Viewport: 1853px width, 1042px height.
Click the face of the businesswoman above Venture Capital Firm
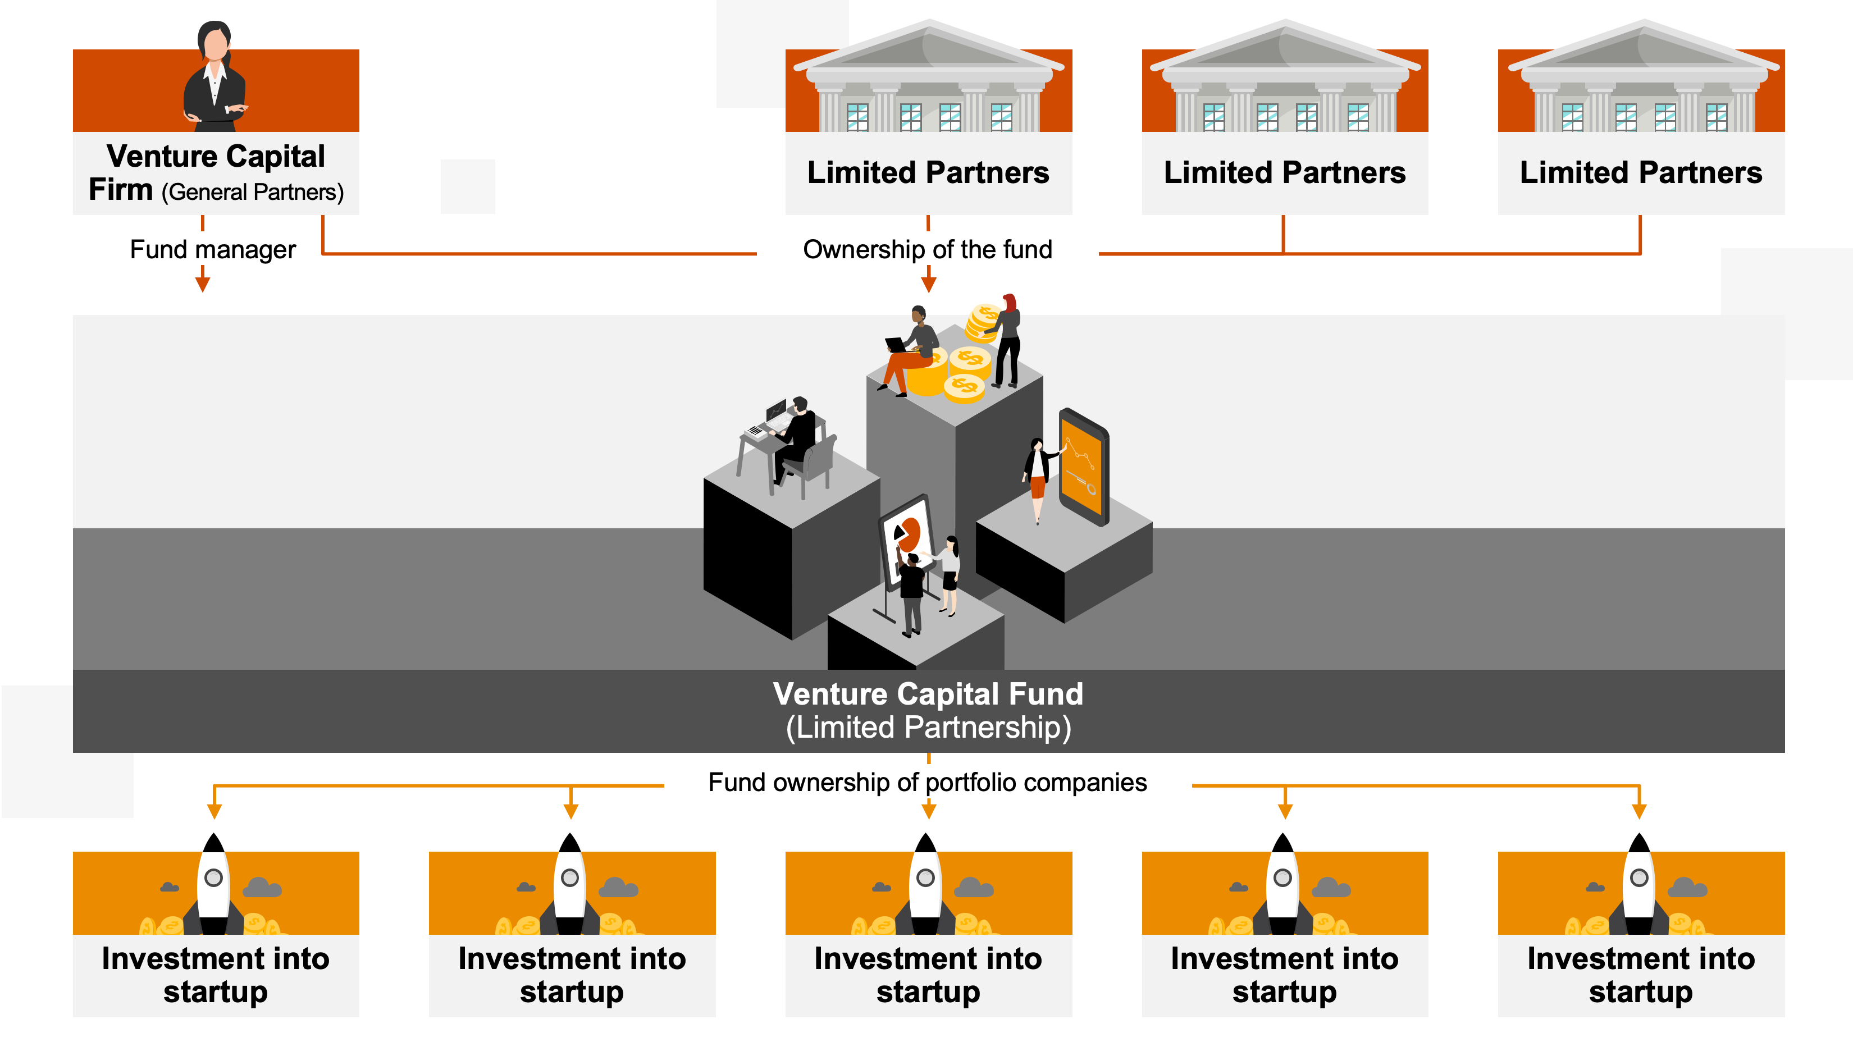click(216, 44)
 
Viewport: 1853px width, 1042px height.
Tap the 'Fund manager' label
click(212, 249)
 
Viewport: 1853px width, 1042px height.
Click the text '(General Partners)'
click(253, 193)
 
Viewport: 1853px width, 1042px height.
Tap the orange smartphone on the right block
click(1083, 468)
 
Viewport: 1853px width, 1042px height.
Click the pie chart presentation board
click(908, 536)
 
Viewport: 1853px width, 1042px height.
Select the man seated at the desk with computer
click(797, 435)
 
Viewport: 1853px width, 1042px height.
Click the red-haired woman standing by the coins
click(1008, 338)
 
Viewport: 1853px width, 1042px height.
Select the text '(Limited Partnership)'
click(928, 728)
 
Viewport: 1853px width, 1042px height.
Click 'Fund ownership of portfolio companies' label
click(927, 783)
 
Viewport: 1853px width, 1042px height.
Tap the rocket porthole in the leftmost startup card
click(213, 878)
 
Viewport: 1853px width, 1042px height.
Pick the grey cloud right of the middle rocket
click(974, 888)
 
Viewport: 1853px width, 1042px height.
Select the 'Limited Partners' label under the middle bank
click(1285, 172)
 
